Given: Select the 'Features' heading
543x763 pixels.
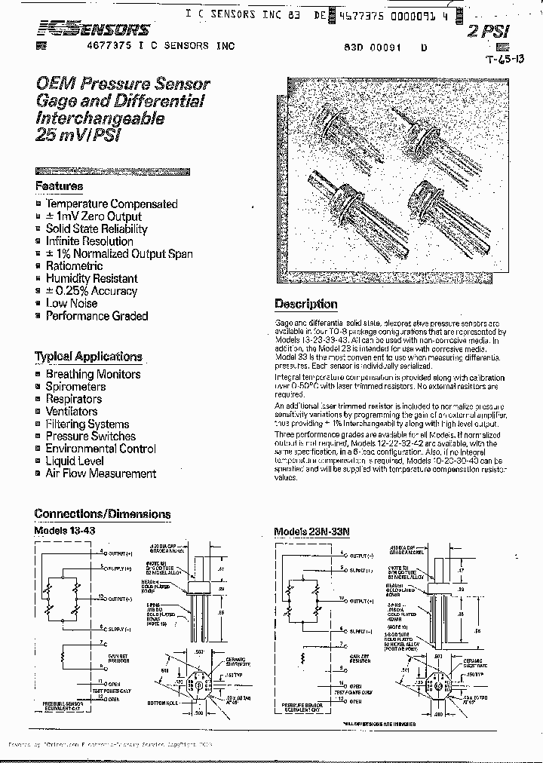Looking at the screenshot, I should point(59,186).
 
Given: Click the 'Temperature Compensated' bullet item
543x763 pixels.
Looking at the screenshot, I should point(111,204).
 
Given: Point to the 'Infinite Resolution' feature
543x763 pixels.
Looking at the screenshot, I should point(89,241).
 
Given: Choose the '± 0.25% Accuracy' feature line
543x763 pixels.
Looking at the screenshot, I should point(91,291).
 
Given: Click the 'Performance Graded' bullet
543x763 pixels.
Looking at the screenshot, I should point(97,316).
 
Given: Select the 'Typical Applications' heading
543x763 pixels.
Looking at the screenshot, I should point(88,357).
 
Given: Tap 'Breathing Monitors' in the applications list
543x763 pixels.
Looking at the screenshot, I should point(93,374).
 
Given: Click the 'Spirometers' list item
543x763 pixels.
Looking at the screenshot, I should point(75,387).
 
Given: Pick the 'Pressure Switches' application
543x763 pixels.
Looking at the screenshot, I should point(90,437).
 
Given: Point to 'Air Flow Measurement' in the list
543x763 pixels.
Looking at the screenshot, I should point(100,473).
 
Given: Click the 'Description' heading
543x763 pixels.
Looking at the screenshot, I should point(305,304).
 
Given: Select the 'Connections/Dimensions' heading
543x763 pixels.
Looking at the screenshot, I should point(103,514).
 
